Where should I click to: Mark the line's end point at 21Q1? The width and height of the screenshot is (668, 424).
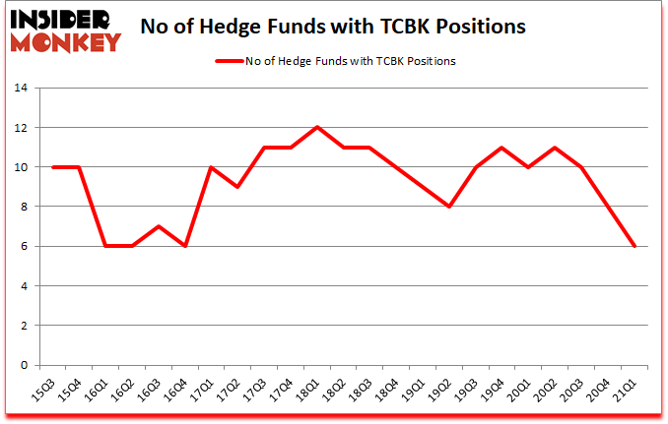[635, 246]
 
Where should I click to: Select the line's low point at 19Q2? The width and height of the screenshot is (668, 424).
[449, 207]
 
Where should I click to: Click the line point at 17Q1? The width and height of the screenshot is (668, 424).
[210, 167]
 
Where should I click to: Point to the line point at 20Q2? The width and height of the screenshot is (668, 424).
[556, 148]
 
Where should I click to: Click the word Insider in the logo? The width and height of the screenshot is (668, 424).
[65, 21]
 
